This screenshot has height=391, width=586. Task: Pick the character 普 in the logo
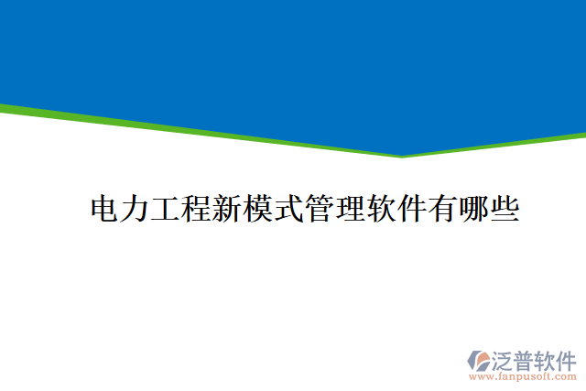(526, 358)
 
